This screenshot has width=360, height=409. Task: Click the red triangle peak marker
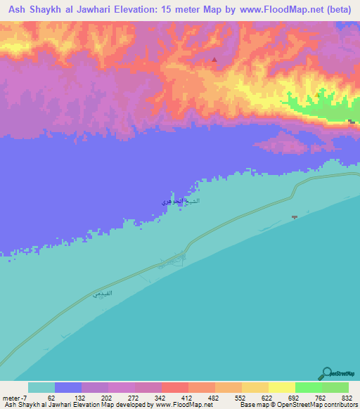(x=214, y=60)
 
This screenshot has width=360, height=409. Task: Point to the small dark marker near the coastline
(x=295, y=217)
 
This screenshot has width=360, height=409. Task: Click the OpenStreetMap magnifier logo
(x=326, y=373)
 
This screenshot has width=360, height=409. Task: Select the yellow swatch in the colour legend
(x=281, y=387)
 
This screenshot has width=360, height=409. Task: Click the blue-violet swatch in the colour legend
(x=67, y=387)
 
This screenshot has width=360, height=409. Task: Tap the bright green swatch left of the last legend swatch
(x=308, y=387)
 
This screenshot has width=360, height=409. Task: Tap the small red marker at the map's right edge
(x=350, y=122)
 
